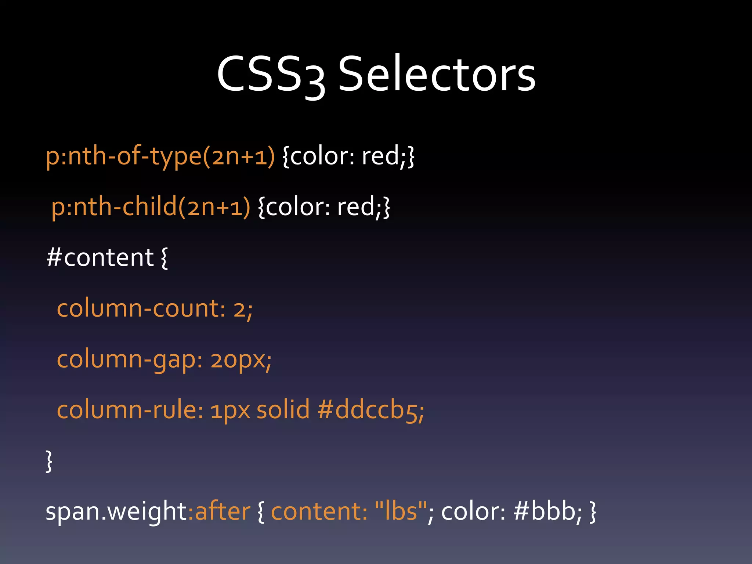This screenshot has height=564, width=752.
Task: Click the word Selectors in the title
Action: click(x=437, y=75)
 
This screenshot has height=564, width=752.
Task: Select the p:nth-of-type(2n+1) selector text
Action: click(x=160, y=156)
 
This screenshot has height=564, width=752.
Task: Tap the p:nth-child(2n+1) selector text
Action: click(x=151, y=207)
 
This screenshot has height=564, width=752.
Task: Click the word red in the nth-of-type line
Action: click(x=380, y=156)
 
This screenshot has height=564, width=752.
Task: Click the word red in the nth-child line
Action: click(x=355, y=207)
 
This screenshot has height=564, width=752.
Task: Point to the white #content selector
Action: click(x=100, y=258)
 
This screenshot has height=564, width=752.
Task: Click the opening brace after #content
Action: click(x=164, y=258)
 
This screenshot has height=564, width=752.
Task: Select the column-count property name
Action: click(x=140, y=308)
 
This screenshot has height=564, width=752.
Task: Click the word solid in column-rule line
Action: click(x=283, y=410)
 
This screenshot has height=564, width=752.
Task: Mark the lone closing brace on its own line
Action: click(x=49, y=461)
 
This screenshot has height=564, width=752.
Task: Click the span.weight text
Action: click(x=116, y=512)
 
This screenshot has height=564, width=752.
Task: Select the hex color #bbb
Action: click(x=547, y=511)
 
